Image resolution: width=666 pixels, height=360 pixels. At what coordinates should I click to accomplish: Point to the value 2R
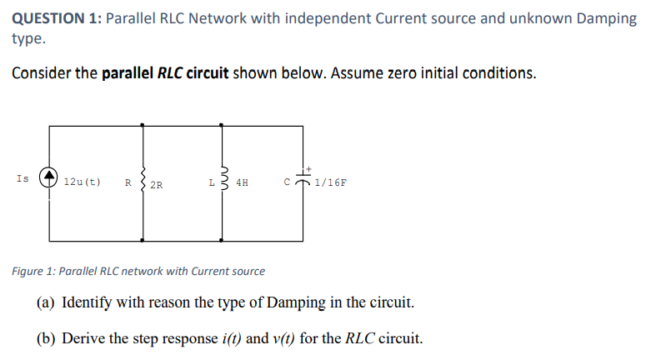(158, 183)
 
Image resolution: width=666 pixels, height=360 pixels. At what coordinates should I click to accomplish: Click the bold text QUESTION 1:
(55, 17)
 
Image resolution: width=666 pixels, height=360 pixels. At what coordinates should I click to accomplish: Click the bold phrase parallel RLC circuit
(165, 72)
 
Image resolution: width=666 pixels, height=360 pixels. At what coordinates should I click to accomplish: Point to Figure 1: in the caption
(34, 271)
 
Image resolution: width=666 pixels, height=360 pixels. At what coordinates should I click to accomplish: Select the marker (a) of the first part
(48, 302)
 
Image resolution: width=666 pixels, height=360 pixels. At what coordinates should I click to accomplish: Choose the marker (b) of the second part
(48, 338)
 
